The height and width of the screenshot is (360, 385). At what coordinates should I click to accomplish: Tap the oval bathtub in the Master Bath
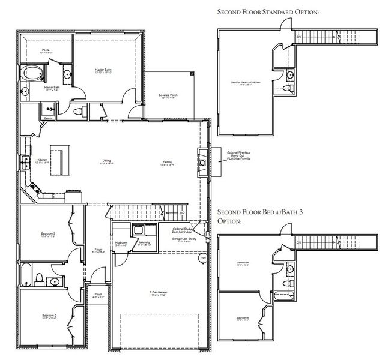[x=31, y=75]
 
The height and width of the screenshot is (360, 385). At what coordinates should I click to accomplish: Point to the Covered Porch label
[x=168, y=96]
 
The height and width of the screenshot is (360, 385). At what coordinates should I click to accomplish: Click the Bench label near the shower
[x=31, y=118]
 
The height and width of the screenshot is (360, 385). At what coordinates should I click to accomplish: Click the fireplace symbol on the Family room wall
[x=203, y=162]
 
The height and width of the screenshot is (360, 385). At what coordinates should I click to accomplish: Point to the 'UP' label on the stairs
[x=181, y=212]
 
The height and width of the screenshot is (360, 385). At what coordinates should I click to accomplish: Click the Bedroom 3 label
[x=49, y=235]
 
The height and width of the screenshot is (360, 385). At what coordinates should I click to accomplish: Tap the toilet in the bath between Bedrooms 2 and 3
[x=39, y=278]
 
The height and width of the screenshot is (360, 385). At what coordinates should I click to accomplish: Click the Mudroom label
[x=121, y=243]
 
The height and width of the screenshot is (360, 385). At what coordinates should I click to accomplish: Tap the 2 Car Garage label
[x=159, y=293]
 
